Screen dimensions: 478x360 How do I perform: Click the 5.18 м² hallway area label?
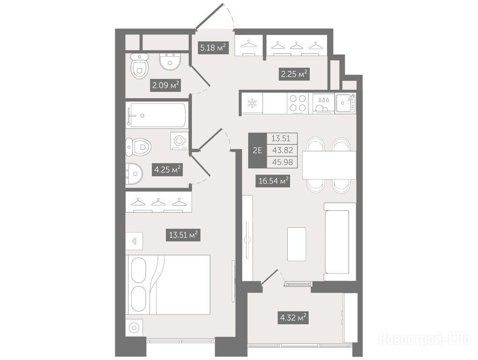tap(213, 47)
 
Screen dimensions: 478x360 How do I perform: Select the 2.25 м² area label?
tap(294, 74)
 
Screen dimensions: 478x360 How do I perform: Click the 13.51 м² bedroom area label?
tap(183, 235)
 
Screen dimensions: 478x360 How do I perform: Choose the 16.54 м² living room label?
tap(273, 181)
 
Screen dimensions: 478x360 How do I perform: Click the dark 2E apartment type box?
tap(258, 150)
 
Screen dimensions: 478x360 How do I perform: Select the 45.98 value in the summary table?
tap(282, 162)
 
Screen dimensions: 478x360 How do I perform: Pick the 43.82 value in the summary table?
tap(282, 150)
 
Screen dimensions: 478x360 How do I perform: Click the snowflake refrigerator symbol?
tap(252, 103)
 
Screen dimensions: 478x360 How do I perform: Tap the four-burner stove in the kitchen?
tap(298, 103)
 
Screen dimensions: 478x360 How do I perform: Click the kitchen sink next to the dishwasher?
tap(345, 103)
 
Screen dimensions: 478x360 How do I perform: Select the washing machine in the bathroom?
tap(179, 141)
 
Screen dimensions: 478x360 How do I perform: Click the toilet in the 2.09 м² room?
tap(139, 67)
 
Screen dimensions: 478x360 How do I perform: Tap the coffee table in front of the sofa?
tap(297, 244)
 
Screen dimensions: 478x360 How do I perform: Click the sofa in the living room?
tap(340, 241)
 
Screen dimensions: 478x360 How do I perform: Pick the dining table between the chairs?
tap(329, 165)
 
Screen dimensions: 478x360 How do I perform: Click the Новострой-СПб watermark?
tap(425, 338)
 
